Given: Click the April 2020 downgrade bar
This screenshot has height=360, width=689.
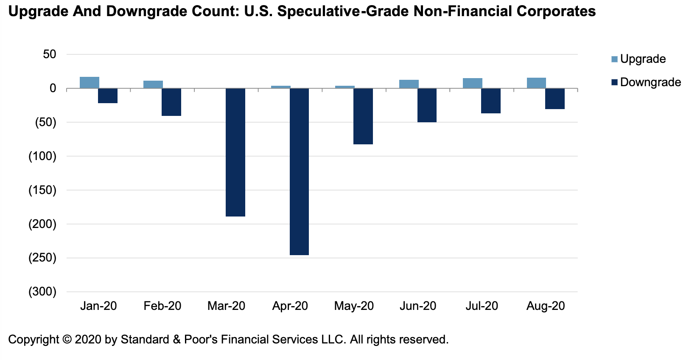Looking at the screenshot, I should pos(299,172).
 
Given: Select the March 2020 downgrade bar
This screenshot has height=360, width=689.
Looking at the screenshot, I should pos(235,152).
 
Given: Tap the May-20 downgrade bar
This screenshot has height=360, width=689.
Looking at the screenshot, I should pos(363,116).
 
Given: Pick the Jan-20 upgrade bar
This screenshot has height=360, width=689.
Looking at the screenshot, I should pos(90,83).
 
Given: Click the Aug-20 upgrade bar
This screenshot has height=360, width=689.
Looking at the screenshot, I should pos(536,83).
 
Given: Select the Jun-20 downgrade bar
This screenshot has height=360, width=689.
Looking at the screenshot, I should pos(427,105).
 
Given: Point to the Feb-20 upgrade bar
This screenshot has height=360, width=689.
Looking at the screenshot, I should pos(153,84).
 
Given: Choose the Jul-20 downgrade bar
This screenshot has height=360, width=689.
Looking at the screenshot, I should pos(491,101).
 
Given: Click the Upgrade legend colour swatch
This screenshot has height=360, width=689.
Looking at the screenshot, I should pos(615,59).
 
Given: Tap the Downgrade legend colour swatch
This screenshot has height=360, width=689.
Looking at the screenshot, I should pos(615,82).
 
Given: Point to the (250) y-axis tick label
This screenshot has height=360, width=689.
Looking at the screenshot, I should pos(42,258).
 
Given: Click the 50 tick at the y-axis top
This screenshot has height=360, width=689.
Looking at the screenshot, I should pos(49,54).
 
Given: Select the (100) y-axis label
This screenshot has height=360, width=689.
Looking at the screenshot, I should pos(42,156).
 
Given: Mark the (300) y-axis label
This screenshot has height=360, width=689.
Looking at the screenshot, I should pos(42,292).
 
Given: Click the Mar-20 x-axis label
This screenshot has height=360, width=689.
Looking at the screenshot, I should pos(226,306).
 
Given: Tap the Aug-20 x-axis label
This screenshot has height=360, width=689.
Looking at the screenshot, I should pos(546,306).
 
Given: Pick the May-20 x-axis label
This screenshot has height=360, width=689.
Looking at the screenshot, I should pos(354,306).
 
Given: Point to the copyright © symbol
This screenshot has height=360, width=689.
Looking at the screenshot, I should pos(67,340).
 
